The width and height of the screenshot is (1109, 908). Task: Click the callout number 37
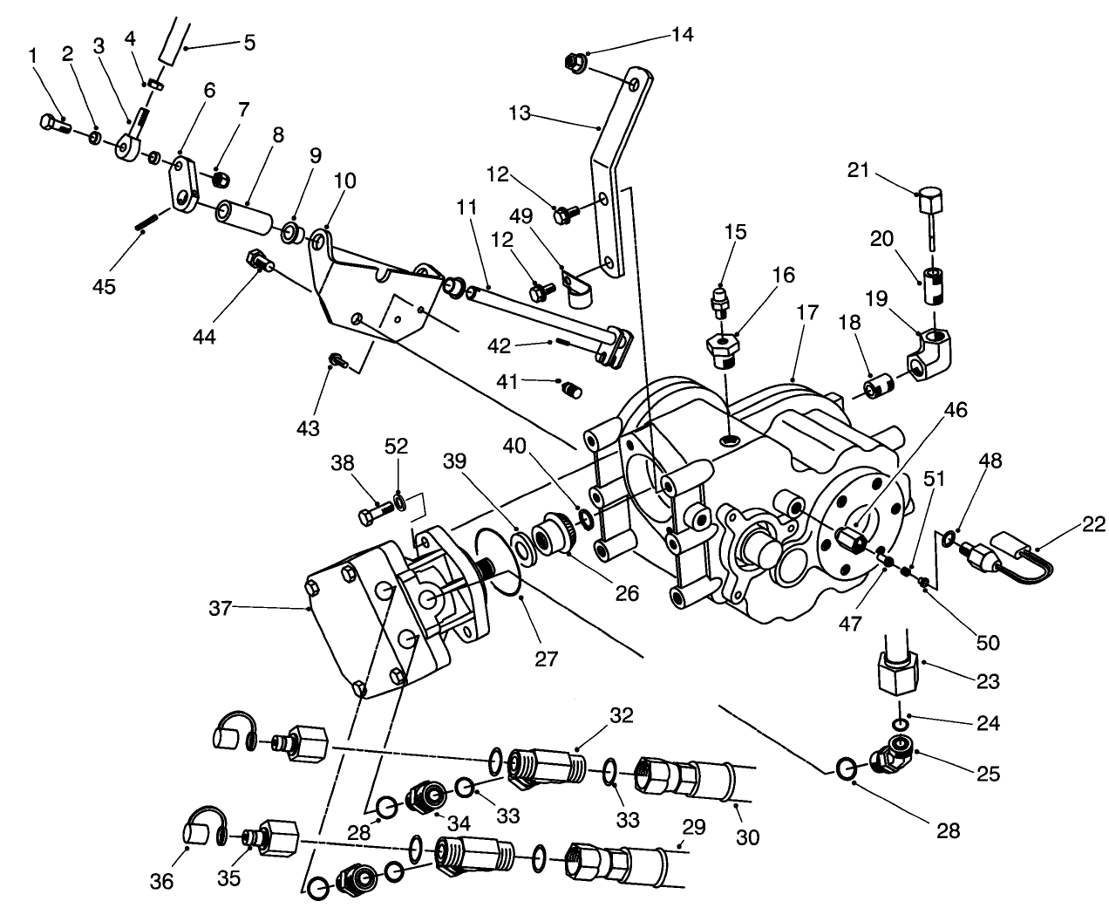(220, 608)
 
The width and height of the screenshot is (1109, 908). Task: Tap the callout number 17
(806, 311)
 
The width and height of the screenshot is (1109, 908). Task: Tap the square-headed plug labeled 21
(932, 206)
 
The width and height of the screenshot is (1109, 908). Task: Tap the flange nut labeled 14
(575, 62)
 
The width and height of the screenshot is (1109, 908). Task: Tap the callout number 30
(747, 837)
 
